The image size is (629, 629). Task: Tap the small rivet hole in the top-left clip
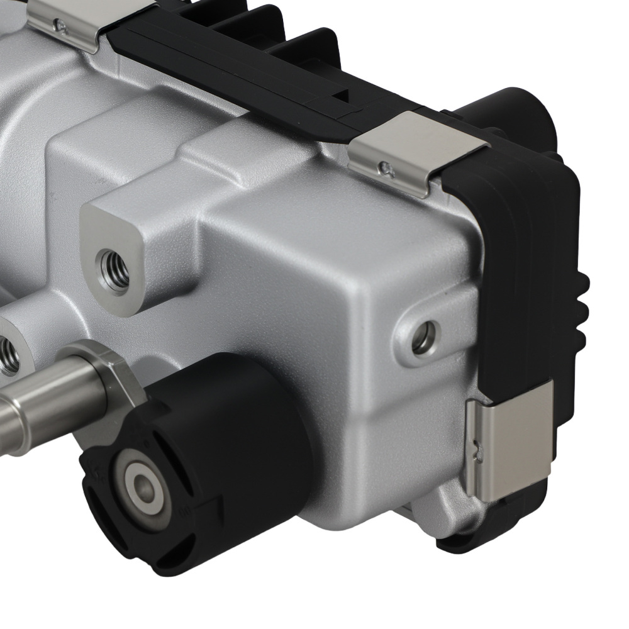pyautogui.click(x=60, y=26)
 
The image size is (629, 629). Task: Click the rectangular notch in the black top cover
pyautogui.click(x=341, y=96)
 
